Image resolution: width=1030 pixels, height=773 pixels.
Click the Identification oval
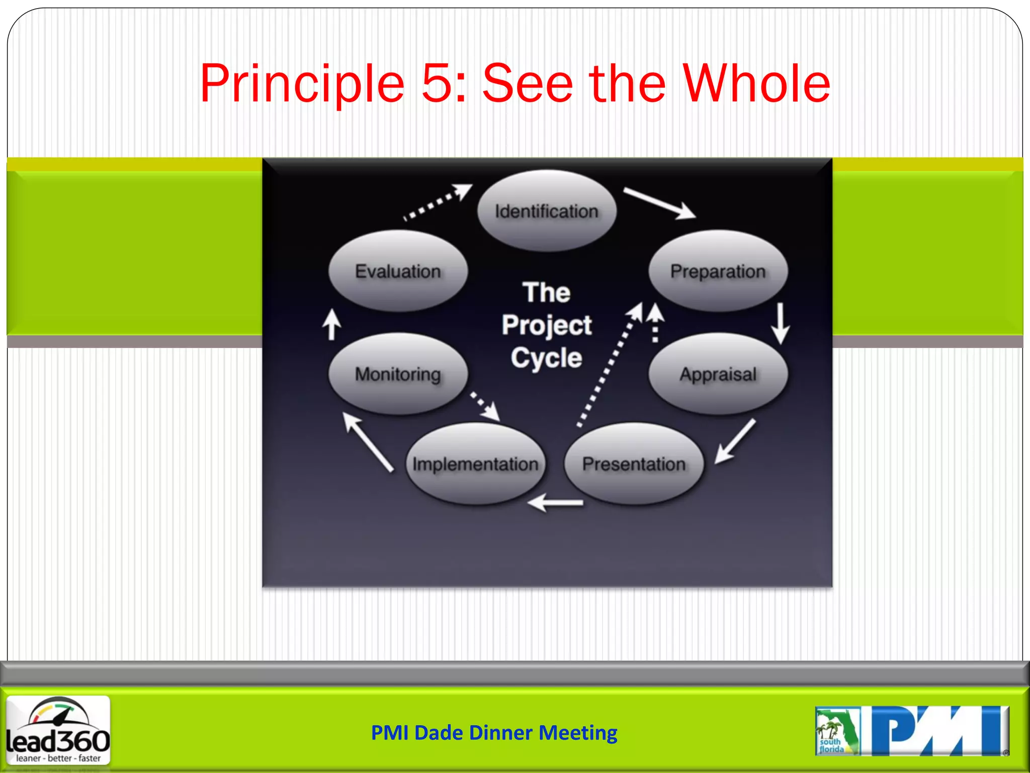pyautogui.click(x=546, y=211)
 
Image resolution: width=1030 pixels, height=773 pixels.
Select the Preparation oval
pyautogui.click(x=718, y=271)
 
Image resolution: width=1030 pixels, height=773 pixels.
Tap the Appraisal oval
pyautogui.click(x=718, y=374)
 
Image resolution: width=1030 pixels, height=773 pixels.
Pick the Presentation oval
pyautogui.click(x=633, y=463)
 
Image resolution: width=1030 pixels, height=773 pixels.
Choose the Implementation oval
pyautogui.click(x=475, y=463)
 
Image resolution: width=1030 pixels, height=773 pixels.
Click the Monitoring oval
pyautogui.click(x=398, y=374)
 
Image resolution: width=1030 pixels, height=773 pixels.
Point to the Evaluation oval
pyautogui.click(x=398, y=271)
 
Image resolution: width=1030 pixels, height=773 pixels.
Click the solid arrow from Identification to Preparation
pyautogui.click(x=659, y=203)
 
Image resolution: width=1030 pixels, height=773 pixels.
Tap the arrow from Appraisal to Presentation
pyautogui.click(x=735, y=441)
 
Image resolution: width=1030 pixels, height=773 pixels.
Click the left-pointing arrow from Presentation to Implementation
pyautogui.click(x=556, y=502)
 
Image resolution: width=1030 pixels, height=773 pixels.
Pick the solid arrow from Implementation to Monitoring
pyautogui.click(x=368, y=442)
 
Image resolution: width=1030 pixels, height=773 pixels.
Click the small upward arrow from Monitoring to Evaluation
pyautogui.click(x=331, y=325)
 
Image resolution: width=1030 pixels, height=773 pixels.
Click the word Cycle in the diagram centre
pyautogui.click(x=546, y=358)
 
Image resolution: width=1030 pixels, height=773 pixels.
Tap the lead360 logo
pyautogui.click(x=58, y=730)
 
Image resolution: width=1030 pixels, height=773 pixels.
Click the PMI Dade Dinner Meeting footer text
pyautogui.click(x=494, y=733)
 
